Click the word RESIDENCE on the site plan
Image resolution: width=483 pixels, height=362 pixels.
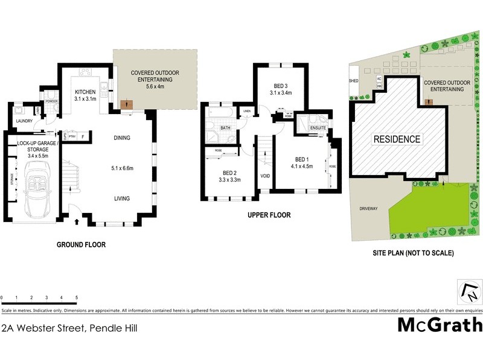[x=396, y=139]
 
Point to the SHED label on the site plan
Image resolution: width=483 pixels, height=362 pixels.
[x=353, y=80]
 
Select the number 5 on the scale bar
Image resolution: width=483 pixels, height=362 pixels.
[x=77, y=298]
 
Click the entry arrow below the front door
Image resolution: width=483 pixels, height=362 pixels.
[x=76, y=223]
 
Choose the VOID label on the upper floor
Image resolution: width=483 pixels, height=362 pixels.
[x=264, y=176]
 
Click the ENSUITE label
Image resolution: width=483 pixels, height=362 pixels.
[x=318, y=128]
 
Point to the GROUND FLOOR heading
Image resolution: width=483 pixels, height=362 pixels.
[x=81, y=245]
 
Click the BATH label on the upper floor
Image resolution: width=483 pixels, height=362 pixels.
[x=226, y=128]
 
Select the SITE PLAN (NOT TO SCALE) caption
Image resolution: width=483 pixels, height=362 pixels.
[x=412, y=253]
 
